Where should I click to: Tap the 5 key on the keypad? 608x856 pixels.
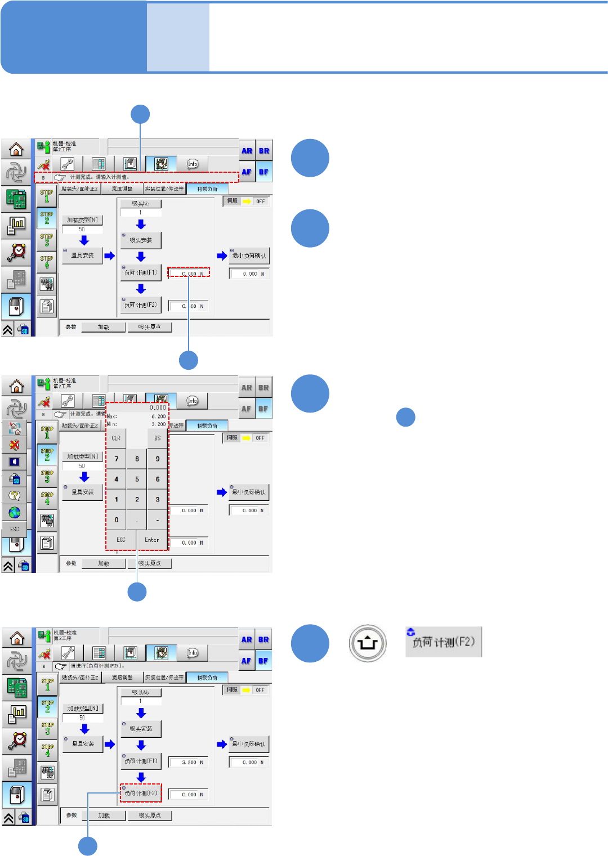tap(137, 479)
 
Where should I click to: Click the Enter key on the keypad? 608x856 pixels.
tap(152, 540)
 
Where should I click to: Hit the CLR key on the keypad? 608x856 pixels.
tap(116, 438)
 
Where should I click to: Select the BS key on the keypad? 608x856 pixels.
tap(157, 438)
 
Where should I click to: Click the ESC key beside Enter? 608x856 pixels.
tap(121, 540)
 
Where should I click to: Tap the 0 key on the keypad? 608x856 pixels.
tap(117, 520)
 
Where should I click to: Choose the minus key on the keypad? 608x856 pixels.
tap(157, 520)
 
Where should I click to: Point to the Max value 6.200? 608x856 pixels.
tap(158, 416)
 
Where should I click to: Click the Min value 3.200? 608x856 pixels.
tap(158, 424)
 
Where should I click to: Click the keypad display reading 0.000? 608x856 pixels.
tap(158, 407)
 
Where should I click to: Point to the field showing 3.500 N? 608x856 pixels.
tap(189, 763)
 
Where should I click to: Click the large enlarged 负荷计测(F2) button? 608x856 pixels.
tap(444, 642)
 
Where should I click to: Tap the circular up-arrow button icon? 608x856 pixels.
tap(368, 643)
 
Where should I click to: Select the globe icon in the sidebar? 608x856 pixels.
tap(15, 512)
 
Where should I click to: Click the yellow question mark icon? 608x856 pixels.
tap(15, 495)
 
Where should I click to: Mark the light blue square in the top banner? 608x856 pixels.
tap(178, 37)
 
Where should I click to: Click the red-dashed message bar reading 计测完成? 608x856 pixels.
tap(136, 177)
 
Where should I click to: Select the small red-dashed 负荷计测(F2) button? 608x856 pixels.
tap(141, 794)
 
